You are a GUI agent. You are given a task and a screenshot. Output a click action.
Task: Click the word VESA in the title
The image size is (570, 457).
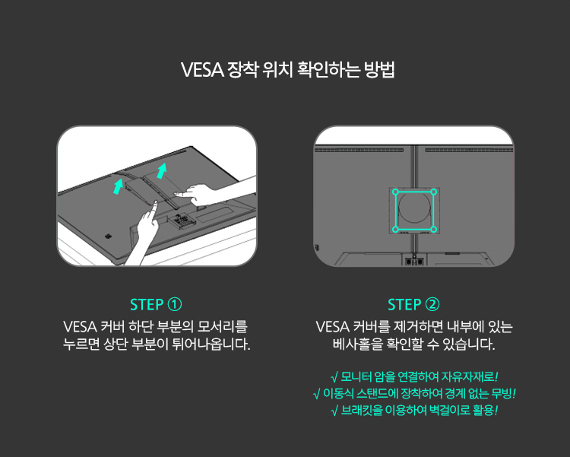tap(202, 70)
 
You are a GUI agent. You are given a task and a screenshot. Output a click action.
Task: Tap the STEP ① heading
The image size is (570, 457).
tap(156, 305)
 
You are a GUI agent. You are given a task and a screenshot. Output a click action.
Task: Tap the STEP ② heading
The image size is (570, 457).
tap(413, 305)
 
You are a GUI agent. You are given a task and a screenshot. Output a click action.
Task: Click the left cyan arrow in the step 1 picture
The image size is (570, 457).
tap(118, 186)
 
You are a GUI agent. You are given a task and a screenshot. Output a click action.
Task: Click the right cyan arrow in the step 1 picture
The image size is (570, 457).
tap(162, 170)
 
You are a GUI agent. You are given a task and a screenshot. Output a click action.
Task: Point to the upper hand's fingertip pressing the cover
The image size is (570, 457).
tap(177, 195)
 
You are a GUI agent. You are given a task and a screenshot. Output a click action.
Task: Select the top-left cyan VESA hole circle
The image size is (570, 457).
tap(395, 192)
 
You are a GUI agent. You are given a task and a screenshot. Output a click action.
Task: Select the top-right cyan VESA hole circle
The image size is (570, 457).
tap(433, 192)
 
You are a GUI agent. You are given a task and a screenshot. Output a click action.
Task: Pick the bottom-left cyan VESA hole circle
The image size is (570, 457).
tap(395, 229)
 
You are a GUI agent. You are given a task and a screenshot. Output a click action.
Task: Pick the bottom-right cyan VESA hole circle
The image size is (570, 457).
tap(433, 229)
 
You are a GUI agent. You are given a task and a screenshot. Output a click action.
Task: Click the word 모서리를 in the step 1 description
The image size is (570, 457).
tap(222, 327)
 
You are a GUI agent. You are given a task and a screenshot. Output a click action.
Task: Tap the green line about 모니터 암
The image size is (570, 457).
tap(414, 376)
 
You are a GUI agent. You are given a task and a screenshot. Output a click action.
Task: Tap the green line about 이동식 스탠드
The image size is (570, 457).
tap(414, 393)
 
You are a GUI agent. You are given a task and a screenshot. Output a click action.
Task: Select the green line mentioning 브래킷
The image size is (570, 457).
tap(414, 411)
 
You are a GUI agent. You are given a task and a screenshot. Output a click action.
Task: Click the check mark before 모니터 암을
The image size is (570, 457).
tap(334, 377)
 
